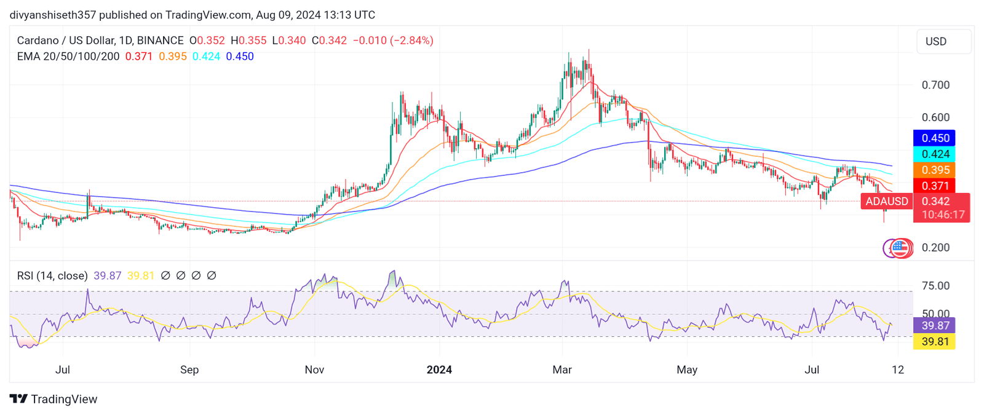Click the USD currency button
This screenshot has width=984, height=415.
[x=943, y=42]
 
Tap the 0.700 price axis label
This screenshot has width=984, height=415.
[x=935, y=85]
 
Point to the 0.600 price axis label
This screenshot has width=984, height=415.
[x=935, y=117]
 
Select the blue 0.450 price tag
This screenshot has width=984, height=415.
[x=935, y=138]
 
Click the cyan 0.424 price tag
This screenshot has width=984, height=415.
[x=935, y=154]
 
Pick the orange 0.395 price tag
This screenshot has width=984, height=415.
[x=935, y=170]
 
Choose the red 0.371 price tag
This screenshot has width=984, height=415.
[x=935, y=186]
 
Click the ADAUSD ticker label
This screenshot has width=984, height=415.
[x=886, y=202]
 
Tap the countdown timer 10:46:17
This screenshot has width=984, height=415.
[x=943, y=215]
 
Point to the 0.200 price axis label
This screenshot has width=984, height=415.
[x=935, y=248]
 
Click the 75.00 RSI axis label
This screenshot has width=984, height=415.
[x=935, y=286]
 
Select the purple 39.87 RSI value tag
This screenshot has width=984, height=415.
[x=935, y=326]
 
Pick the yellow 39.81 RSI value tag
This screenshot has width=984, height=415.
[x=935, y=342]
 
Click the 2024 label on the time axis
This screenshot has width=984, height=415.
[x=439, y=370]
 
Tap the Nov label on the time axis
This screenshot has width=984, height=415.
[x=314, y=370]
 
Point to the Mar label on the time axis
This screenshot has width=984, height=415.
[x=562, y=370]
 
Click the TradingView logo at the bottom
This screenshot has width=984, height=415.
[x=54, y=400]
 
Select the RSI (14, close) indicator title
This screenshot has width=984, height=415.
[x=52, y=276]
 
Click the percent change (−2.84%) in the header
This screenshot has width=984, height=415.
[x=412, y=41]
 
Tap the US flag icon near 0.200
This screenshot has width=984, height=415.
[x=900, y=248]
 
